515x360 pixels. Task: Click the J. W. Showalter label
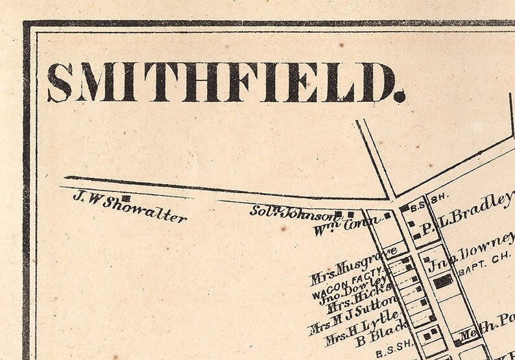coord(129,207)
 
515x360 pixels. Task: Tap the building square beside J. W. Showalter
coord(126,198)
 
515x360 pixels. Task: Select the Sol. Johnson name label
coord(291,212)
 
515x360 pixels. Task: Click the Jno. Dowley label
coord(360,291)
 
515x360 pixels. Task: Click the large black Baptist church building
coord(444,281)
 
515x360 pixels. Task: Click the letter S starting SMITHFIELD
coord(60,82)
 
